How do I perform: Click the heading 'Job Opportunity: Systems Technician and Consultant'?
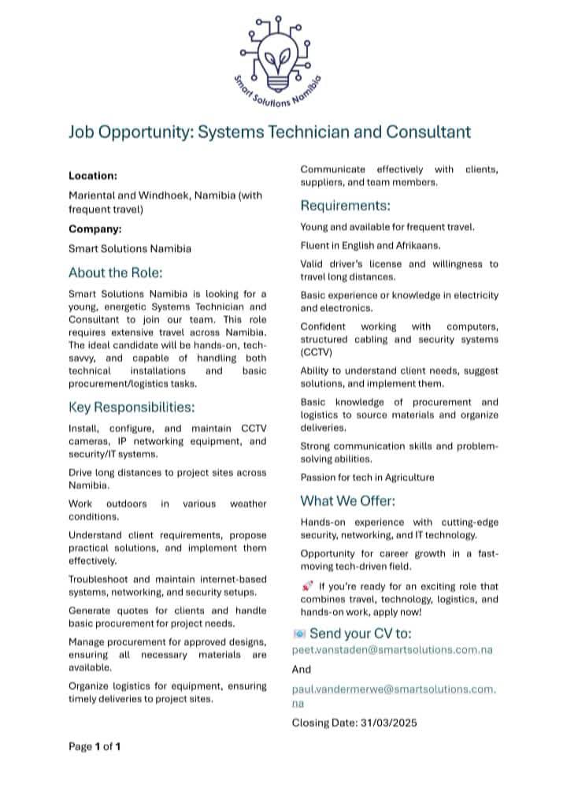(x=269, y=131)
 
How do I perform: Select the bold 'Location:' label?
(x=93, y=175)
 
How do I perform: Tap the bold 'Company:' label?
(x=95, y=229)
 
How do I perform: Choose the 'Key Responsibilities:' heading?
(x=132, y=407)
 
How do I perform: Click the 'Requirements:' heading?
(x=346, y=206)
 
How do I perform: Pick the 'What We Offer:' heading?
(x=348, y=501)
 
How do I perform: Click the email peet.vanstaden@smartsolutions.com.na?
(x=392, y=650)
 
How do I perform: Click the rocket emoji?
(x=307, y=585)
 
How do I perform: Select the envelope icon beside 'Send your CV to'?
(x=299, y=633)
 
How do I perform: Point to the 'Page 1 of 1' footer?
(x=94, y=746)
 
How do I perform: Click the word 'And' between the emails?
(x=302, y=668)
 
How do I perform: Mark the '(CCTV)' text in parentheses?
(x=317, y=352)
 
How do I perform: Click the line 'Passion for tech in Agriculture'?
(x=367, y=477)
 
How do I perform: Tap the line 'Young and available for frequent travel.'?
(x=387, y=227)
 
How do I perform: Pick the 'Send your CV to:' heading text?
(x=361, y=633)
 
